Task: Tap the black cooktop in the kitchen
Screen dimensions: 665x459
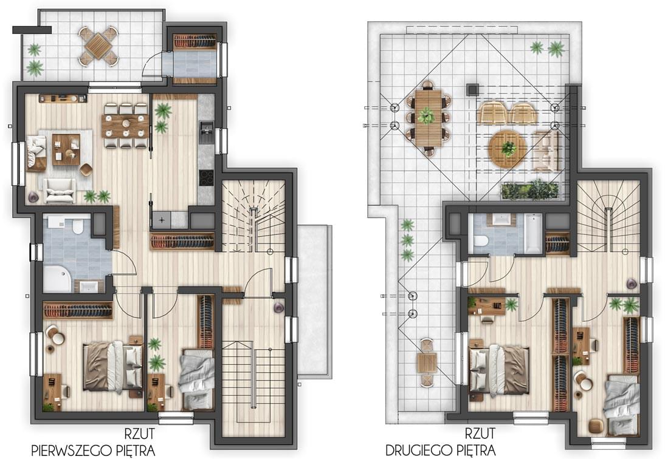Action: pyautogui.click(x=207, y=178)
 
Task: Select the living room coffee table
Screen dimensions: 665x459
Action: pyautogui.click(x=66, y=149)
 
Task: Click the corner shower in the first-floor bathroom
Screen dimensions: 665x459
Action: pyautogui.click(x=58, y=279)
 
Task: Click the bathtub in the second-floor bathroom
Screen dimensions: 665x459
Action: pyautogui.click(x=533, y=233)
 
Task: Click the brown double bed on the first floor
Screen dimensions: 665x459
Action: pyautogui.click(x=113, y=366)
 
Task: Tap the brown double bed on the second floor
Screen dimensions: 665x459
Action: pyautogui.click(x=498, y=369)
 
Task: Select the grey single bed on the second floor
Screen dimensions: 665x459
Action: pyautogui.click(x=621, y=404)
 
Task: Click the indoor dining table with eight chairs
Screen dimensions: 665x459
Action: pyautogui.click(x=126, y=126)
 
